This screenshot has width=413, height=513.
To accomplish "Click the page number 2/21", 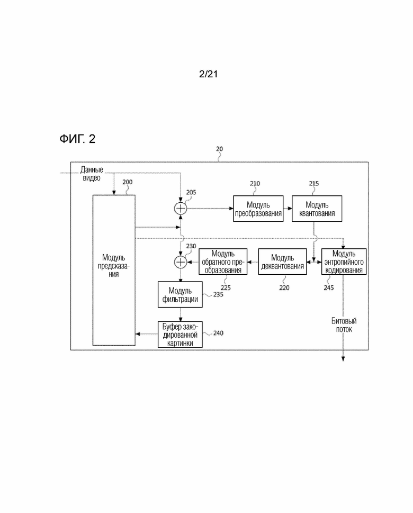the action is point(208,74).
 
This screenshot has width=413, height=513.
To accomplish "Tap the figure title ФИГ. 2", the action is point(77,139).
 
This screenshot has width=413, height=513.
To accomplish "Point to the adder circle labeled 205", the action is point(181,209).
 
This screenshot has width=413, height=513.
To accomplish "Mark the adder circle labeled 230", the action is point(181,262).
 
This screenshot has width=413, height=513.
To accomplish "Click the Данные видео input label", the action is point(92,174).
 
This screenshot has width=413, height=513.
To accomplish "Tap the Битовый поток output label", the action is point(344,325).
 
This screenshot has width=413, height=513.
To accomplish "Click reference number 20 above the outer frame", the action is point(219,149).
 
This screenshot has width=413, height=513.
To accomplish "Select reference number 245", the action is point(329,287).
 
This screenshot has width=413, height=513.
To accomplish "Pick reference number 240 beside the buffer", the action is point(218,333).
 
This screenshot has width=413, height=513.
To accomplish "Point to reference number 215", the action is point(314,184).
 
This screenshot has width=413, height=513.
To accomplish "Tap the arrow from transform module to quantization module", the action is point(288,209).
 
